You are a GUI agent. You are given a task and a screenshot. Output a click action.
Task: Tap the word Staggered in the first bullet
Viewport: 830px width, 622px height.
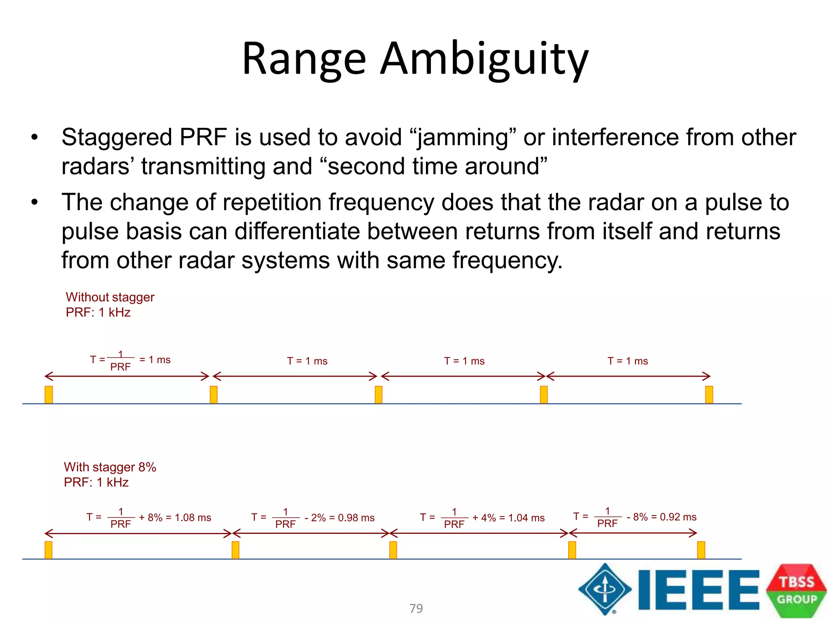point(117,137)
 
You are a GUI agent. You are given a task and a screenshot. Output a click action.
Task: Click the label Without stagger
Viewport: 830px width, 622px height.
point(110,297)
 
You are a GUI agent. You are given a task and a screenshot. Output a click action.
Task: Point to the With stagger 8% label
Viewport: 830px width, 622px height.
point(110,467)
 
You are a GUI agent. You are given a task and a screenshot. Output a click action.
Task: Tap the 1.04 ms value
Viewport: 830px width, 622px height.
point(526,518)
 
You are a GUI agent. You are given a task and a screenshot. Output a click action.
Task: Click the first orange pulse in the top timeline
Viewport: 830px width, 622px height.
point(49,395)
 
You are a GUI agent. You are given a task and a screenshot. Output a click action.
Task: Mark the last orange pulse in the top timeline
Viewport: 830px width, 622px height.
point(709,395)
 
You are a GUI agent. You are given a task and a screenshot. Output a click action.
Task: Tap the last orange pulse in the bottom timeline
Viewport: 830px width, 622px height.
point(701,550)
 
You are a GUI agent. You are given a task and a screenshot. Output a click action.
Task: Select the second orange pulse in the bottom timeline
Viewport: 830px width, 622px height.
point(235,550)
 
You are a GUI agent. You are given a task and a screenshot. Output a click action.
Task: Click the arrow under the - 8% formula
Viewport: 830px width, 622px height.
point(633,533)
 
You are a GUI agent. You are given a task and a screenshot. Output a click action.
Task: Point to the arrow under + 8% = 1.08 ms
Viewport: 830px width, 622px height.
point(138,533)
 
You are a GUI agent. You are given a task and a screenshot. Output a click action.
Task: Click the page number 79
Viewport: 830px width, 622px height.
point(416,608)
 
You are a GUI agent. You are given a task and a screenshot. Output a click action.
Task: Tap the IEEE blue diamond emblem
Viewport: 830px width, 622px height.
point(605,589)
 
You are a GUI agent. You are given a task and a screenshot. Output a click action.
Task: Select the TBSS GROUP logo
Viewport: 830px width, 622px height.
point(796,590)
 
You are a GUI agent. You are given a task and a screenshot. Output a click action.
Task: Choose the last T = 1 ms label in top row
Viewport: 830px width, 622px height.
point(627,361)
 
